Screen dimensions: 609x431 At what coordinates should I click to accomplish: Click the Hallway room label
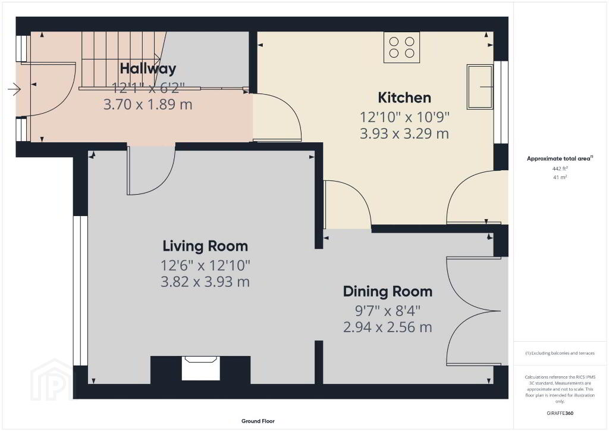148,69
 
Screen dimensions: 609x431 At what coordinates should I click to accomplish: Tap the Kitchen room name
404,98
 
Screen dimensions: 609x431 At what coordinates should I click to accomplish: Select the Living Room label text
205,246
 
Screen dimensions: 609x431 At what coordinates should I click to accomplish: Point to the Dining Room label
388,292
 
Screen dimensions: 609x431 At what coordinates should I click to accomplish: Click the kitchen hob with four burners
401,47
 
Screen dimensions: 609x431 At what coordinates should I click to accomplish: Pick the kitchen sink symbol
480,87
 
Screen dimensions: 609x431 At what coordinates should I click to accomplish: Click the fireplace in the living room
200,368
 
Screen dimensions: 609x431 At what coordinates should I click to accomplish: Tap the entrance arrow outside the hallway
14,89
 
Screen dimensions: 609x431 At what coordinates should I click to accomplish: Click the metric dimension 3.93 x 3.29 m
404,134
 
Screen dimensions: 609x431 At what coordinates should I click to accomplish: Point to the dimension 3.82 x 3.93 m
205,282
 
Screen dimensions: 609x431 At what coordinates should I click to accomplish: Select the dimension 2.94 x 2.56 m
388,327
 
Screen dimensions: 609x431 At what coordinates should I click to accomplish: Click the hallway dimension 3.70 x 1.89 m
148,105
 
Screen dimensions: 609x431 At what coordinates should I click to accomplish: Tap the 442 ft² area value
560,168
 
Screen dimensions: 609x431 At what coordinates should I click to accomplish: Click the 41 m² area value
560,177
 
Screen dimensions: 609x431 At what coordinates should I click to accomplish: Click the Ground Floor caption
258,421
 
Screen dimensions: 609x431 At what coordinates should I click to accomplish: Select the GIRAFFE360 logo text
560,413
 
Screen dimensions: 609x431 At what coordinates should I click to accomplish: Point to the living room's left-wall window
80,291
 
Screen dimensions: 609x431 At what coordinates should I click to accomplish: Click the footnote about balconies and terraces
560,353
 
